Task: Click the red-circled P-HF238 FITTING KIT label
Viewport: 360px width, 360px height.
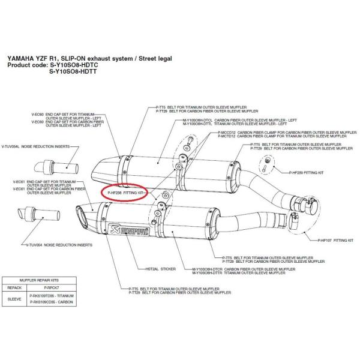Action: [x=125, y=193]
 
